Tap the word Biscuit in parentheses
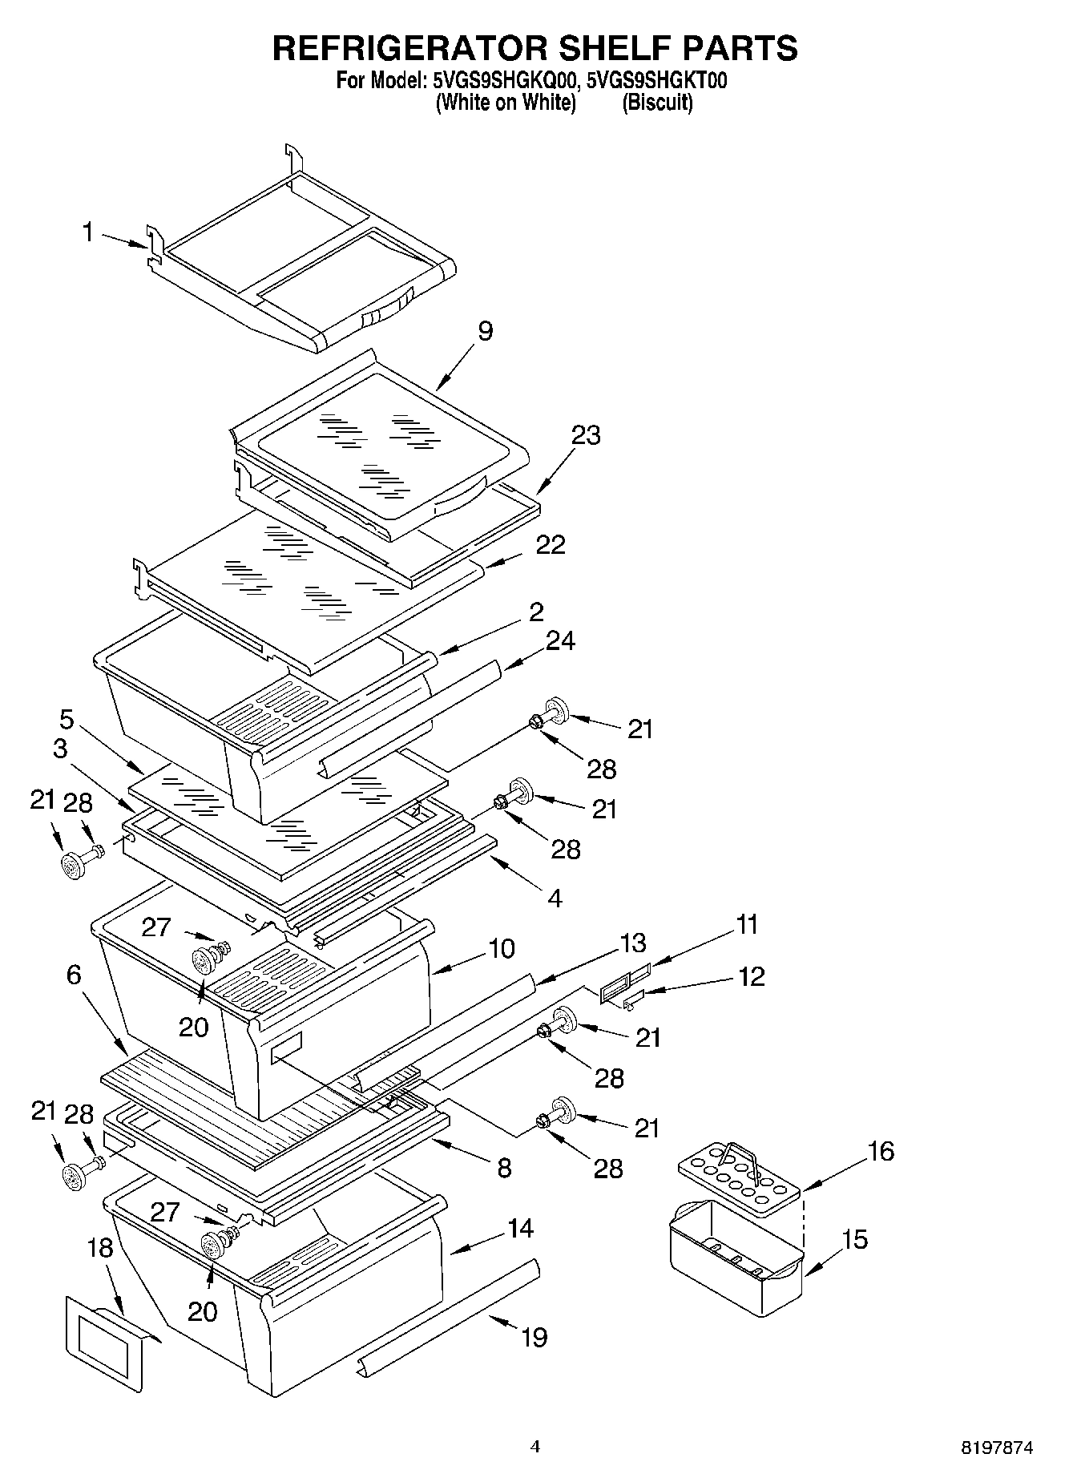[x=657, y=103]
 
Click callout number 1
[x=88, y=232]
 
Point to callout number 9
[x=485, y=331]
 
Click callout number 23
[x=585, y=435]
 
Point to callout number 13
[x=632, y=943]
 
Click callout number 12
[x=752, y=976]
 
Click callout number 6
[x=74, y=975]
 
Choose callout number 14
[x=520, y=1227]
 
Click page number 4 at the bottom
[x=535, y=1447]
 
